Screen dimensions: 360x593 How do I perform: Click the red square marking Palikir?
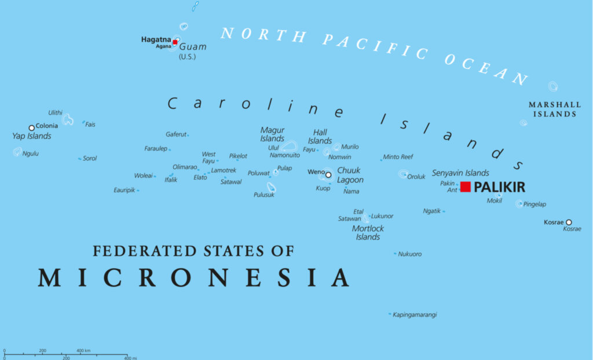click(x=466, y=187)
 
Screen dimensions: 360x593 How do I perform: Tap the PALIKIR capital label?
click(x=499, y=188)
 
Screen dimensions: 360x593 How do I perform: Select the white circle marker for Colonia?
click(x=32, y=128)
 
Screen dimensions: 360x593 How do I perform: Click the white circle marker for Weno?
click(x=328, y=175)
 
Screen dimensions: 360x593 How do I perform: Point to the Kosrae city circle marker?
click(x=569, y=222)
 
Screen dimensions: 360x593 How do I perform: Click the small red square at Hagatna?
click(x=175, y=42)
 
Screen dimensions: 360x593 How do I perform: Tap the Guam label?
click(x=192, y=47)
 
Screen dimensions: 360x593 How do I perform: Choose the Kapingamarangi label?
click(x=415, y=315)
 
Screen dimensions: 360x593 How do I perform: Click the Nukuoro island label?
click(x=410, y=254)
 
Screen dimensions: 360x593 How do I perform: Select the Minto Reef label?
click(x=398, y=157)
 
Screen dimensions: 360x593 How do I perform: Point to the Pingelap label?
click(x=535, y=204)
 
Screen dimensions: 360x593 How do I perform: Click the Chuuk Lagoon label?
click(x=350, y=175)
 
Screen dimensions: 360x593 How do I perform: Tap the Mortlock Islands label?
click(x=368, y=233)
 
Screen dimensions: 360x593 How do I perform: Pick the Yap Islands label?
click(x=32, y=137)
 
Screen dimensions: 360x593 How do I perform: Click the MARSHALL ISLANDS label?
click(x=554, y=109)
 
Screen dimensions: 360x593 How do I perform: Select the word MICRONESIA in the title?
click(x=193, y=278)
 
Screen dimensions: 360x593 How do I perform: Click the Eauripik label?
click(x=125, y=190)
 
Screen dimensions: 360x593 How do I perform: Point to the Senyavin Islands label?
click(x=460, y=173)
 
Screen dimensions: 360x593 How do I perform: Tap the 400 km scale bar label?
click(x=83, y=351)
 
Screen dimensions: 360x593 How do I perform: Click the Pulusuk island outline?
click(x=270, y=188)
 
